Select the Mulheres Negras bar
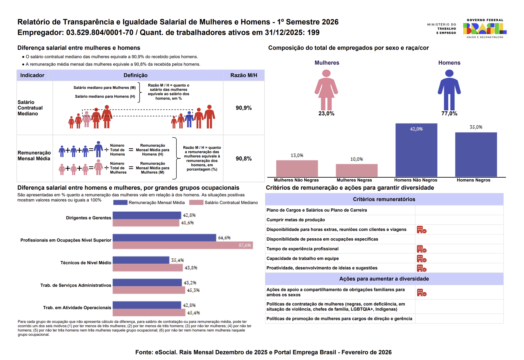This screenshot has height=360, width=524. [x=356, y=170]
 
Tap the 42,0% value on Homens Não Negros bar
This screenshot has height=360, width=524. [x=416, y=129]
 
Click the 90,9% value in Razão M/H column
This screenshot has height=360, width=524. [x=244, y=108]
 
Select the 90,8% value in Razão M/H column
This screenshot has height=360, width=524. [x=244, y=159]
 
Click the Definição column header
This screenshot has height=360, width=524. [x=135, y=75]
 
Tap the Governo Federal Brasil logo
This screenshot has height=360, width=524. [x=485, y=29]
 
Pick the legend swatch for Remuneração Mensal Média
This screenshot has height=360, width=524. [x=120, y=203]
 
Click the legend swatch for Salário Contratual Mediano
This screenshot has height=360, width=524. [x=196, y=203]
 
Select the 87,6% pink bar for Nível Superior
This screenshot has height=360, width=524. [x=182, y=245]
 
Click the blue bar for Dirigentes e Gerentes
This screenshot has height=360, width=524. [x=147, y=215]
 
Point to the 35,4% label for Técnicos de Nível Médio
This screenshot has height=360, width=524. [x=177, y=260]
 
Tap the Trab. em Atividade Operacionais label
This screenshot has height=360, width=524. [x=77, y=308]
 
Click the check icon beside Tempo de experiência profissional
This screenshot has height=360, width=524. [x=421, y=249]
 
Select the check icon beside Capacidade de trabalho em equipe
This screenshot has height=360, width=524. [x=421, y=259]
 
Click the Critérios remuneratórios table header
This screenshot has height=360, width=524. [x=384, y=199]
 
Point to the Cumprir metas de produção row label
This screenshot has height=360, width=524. [x=295, y=220]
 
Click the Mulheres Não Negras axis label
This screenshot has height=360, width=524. [x=296, y=180]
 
